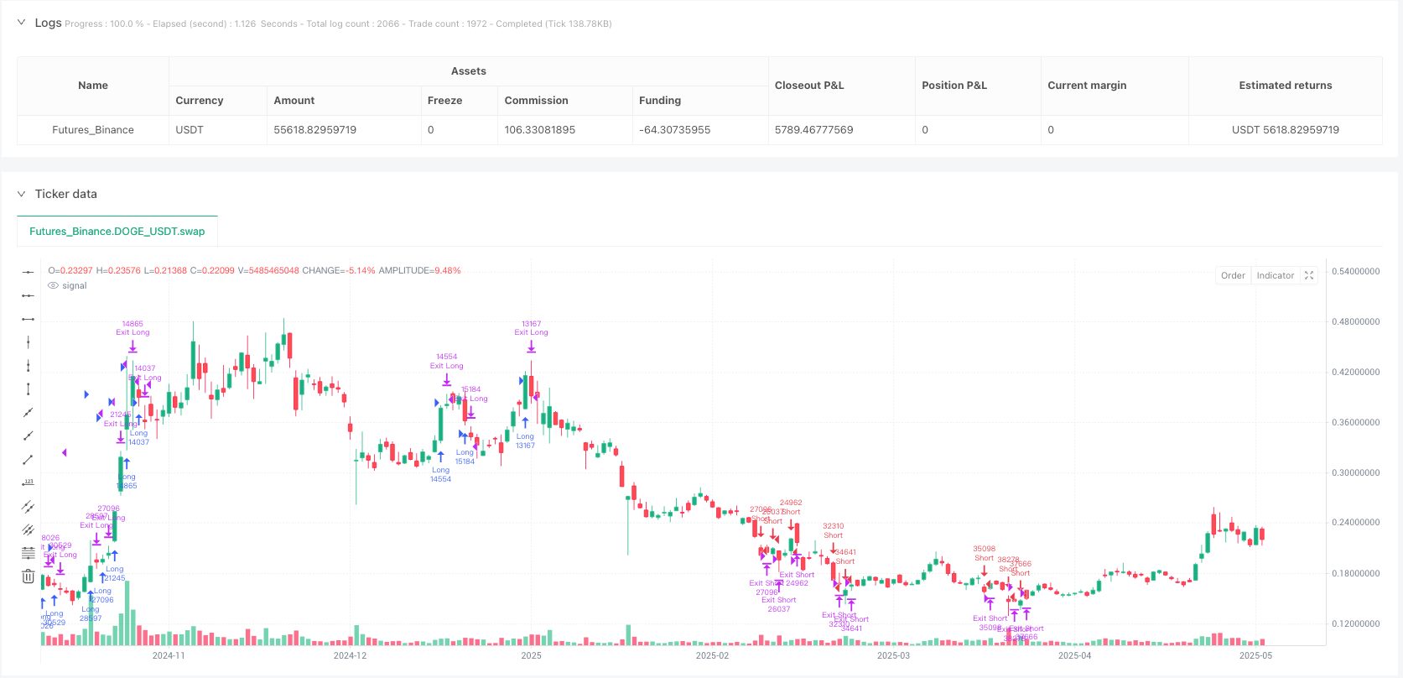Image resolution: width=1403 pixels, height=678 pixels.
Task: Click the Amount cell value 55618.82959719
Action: point(314,130)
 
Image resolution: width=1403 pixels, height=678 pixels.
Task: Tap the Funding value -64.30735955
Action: point(674,130)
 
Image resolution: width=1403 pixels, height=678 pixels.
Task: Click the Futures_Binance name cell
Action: point(93,130)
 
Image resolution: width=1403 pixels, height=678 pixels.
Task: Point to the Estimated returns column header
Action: point(1285,86)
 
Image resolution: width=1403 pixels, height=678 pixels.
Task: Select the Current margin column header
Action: point(1087,86)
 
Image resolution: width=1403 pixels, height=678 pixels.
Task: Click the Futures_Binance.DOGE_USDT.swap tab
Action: point(117,232)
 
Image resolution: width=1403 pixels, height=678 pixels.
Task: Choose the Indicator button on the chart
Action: point(1275,275)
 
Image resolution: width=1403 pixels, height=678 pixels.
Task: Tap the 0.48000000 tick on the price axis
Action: point(1355,322)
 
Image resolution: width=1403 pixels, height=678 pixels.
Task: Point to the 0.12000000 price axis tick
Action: point(1355,624)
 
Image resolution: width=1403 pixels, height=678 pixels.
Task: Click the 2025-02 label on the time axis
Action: point(712,655)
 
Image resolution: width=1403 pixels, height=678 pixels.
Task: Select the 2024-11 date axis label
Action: point(169,655)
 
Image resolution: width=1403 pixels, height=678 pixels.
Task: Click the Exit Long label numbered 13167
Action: point(531,328)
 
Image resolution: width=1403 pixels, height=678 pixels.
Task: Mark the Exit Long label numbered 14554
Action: point(446,362)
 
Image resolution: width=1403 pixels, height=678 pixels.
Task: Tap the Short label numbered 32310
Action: point(833,530)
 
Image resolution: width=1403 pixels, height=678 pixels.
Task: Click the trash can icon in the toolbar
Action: point(28,576)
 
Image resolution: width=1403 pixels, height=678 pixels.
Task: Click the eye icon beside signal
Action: point(54,286)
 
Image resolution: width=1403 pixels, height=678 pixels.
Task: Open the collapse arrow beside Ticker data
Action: point(21,194)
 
